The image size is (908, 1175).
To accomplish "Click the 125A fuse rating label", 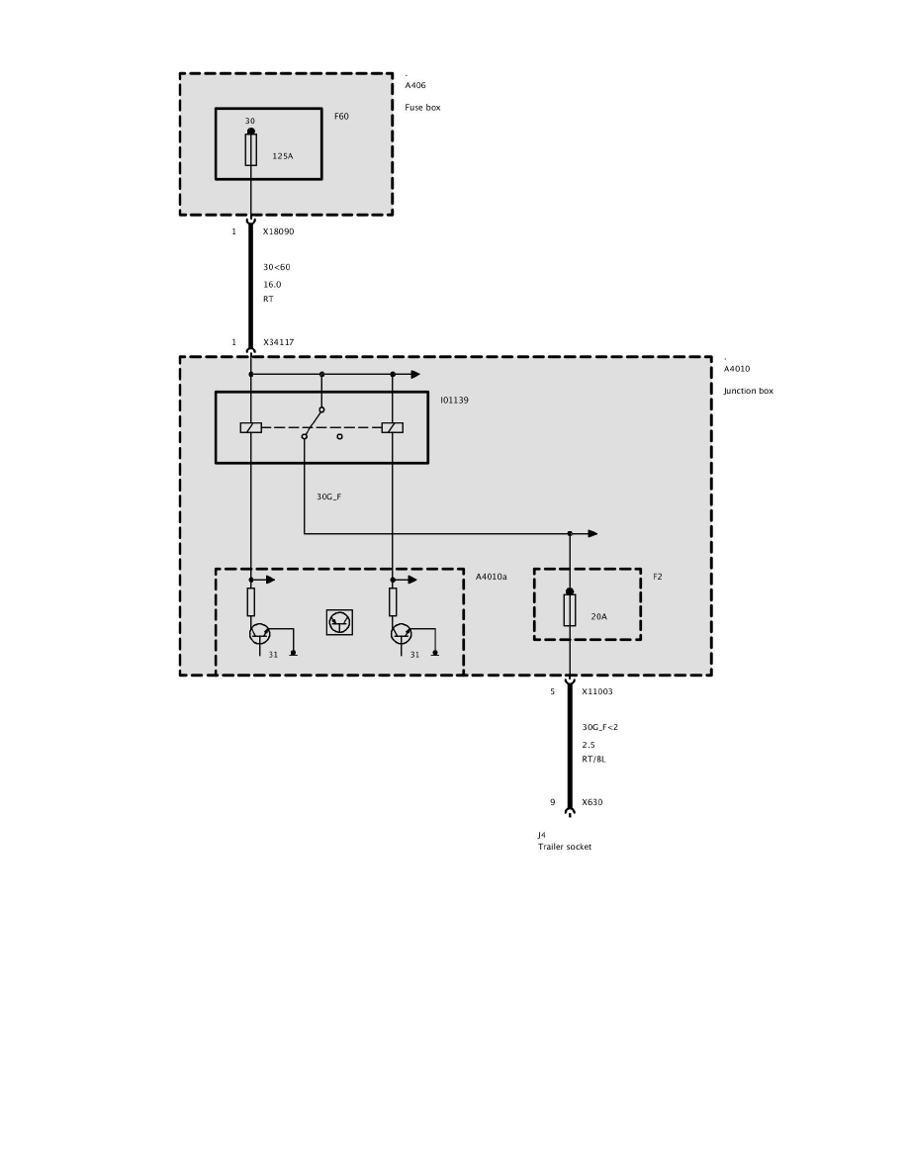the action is coord(283,156).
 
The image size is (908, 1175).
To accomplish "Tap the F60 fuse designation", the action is coord(341,116).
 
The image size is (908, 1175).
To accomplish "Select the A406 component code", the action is coord(415,85).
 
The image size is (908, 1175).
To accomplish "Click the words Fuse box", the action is coord(422,107).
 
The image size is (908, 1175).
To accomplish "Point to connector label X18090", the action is coord(279,231).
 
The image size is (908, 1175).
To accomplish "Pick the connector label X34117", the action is coord(279,342).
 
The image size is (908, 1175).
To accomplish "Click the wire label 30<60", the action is coord(276,267).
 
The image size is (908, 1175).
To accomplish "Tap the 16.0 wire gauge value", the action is coord(272,285).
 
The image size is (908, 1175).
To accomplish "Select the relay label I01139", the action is coord(455,401).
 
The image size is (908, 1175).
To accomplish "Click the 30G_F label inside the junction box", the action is coord(329,497).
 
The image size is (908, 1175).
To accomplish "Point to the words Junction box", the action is coord(749,391).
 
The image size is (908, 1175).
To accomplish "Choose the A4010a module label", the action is coord(492,577).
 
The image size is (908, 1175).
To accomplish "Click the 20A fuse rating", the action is coord(598,617).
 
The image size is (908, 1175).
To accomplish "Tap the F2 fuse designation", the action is coord(658,577).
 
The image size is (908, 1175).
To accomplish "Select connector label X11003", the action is coord(597,691).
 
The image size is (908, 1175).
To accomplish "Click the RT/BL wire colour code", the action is coord(594,760).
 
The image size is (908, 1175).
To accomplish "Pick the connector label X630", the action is coord(592,802).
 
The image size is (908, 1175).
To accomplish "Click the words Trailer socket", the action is coord(565,847).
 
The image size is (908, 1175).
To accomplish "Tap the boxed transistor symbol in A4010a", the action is coord(339,622).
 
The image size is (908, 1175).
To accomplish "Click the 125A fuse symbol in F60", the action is coord(251,150).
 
